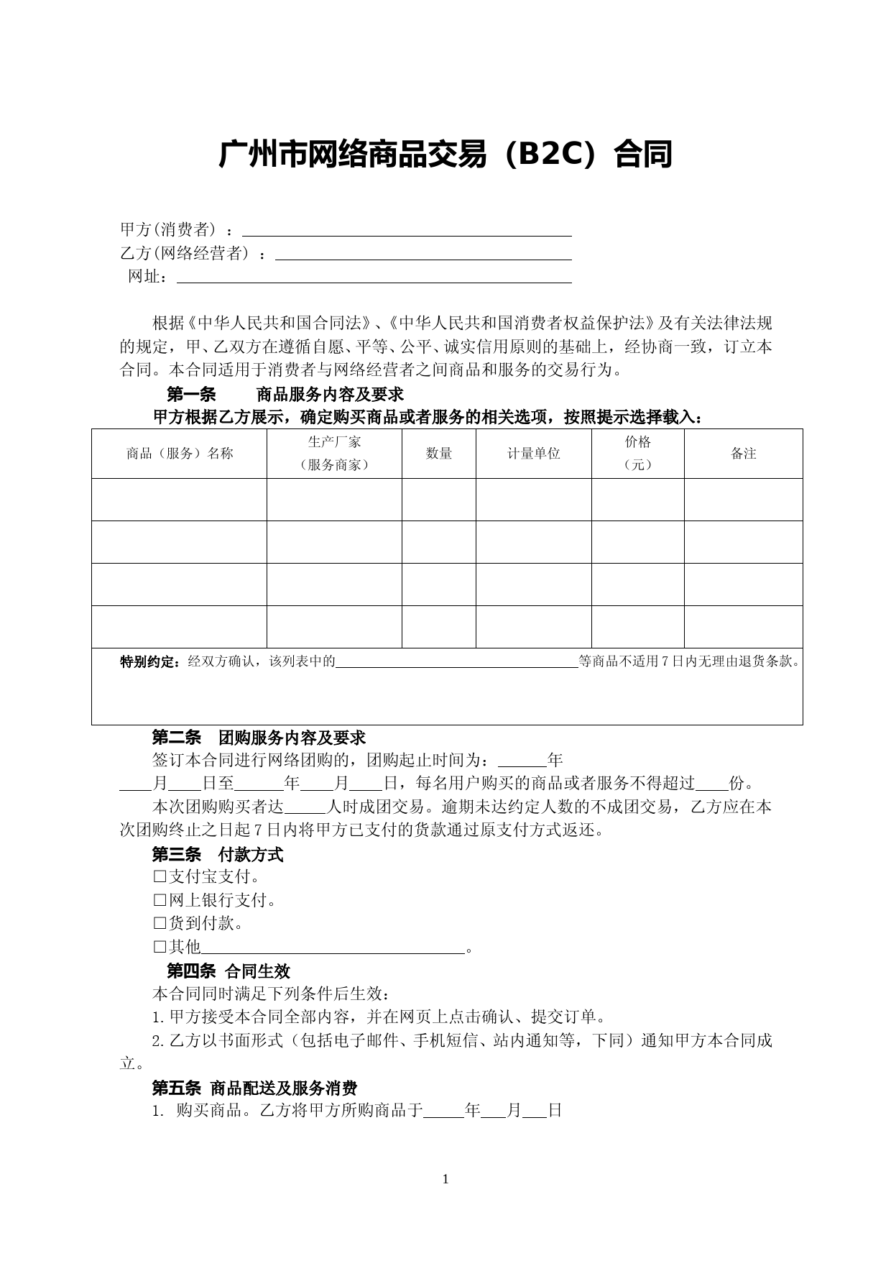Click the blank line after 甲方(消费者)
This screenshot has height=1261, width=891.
click(x=407, y=232)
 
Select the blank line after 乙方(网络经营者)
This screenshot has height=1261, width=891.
click(x=423, y=256)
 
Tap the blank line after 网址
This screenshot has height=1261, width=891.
click(x=374, y=280)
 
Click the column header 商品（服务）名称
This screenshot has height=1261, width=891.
click(x=180, y=454)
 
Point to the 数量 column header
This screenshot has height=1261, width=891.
click(x=439, y=454)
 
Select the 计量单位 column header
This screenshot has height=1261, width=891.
click(x=534, y=454)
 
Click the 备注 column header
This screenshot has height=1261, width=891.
click(x=744, y=454)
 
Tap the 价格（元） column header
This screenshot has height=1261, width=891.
click(x=638, y=453)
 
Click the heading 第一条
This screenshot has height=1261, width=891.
click(x=191, y=395)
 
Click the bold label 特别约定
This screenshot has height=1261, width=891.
click(x=149, y=662)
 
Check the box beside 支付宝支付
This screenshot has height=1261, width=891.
click(x=160, y=877)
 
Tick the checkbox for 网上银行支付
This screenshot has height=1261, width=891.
click(x=160, y=900)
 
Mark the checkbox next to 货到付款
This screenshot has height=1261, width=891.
click(x=160, y=923)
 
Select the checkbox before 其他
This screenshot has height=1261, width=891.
click(x=160, y=947)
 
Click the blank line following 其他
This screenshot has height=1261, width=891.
click(x=333, y=950)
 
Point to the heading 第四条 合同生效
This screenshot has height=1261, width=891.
click(x=228, y=971)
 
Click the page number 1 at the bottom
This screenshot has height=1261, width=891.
click(x=445, y=1178)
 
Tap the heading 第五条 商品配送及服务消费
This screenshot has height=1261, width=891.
click(x=254, y=1088)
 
